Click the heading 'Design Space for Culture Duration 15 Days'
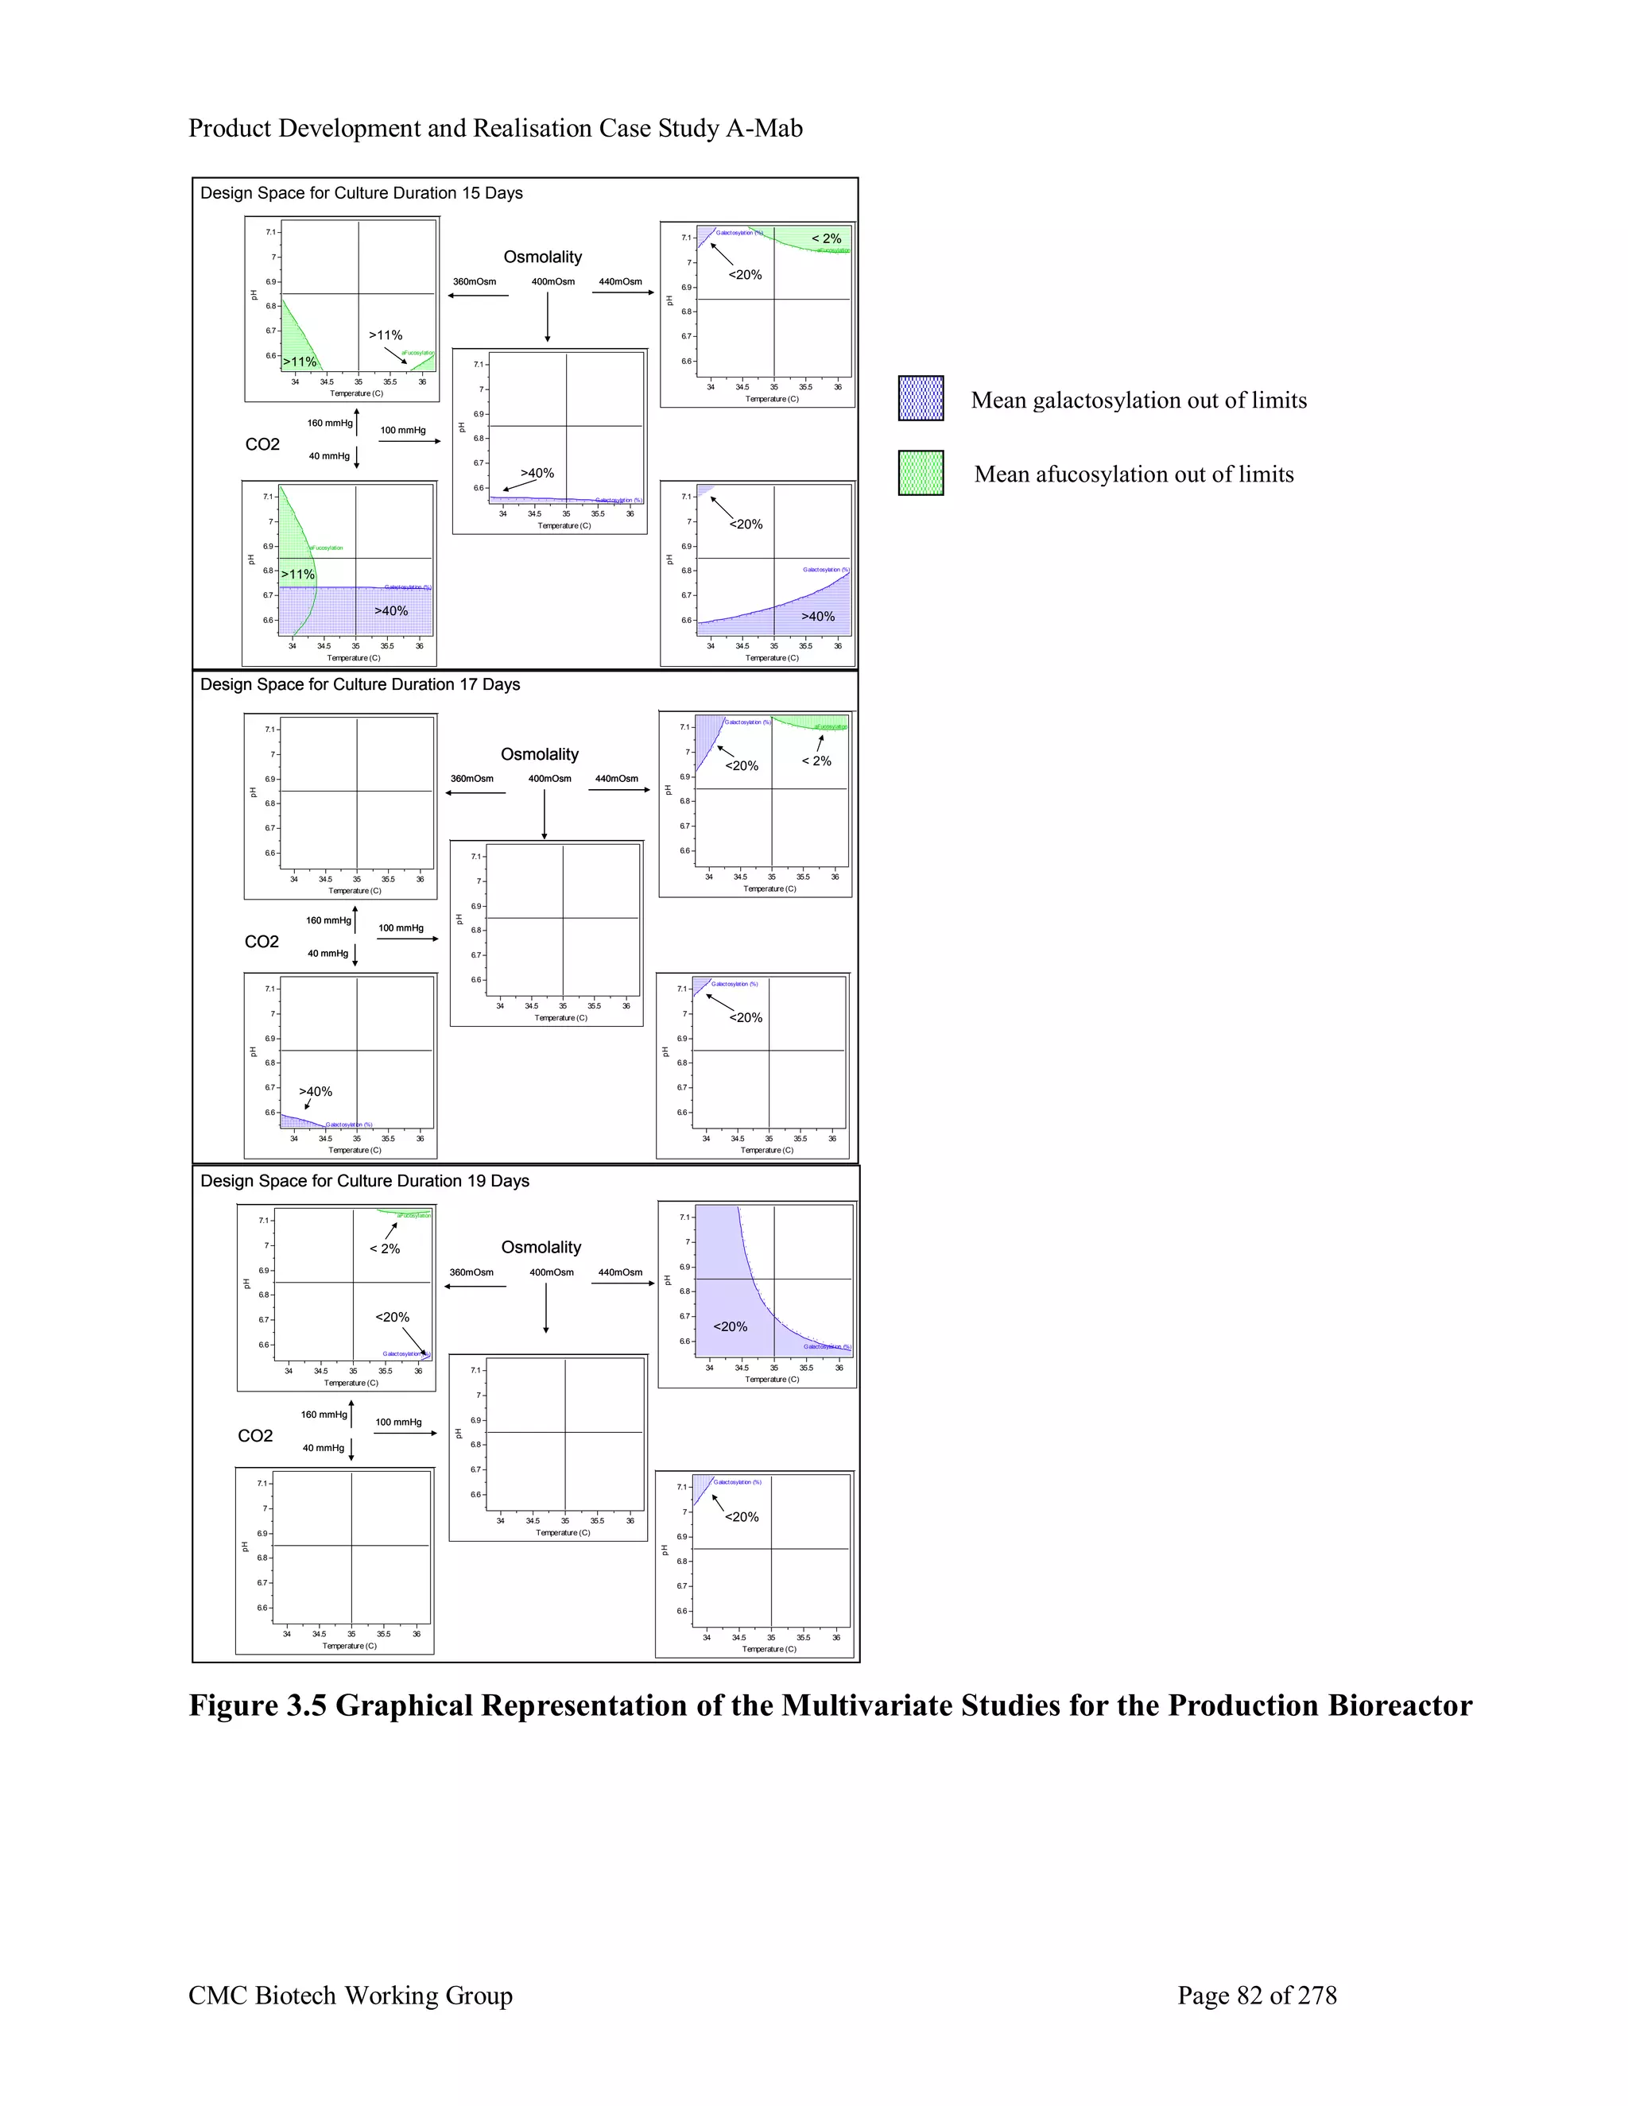click(x=361, y=193)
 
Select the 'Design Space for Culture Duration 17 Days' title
click(x=360, y=684)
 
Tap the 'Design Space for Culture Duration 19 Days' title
click(x=365, y=1181)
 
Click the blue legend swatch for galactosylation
click(x=921, y=398)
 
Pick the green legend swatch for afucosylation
click(x=921, y=473)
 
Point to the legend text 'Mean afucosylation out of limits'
click(x=1134, y=474)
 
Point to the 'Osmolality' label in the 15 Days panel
click(x=543, y=257)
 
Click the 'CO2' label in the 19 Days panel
click(x=256, y=1436)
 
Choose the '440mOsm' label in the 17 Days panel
click(x=616, y=778)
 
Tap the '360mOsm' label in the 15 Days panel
click(x=475, y=281)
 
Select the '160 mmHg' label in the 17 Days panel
click(x=328, y=920)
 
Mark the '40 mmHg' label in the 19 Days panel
click(x=323, y=1447)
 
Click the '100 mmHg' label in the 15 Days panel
click(x=402, y=430)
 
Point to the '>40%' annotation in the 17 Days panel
click(x=316, y=1092)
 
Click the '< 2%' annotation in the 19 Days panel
click(x=385, y=1249)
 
